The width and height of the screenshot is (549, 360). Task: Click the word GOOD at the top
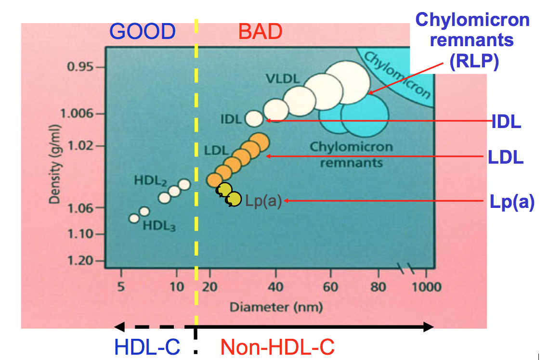(x=142, y=32)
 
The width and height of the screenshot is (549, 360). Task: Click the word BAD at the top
(x=260, y=32)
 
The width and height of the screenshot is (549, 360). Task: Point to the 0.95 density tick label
(x=79, y=67)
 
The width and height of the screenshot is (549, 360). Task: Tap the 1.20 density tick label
(x=78, y=260)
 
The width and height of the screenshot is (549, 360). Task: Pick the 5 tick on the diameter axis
(x=121, y=287)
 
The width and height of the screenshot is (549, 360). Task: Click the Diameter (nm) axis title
(x=276, y=307)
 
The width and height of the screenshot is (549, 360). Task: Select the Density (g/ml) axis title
(x=57, y=164)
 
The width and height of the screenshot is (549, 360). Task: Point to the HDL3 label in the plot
(x=159, y=225)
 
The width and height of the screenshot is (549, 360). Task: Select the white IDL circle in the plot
(x=254, y=117)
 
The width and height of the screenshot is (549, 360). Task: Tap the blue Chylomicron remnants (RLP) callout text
(x=472, y=40)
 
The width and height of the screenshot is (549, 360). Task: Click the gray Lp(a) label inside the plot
(x=263, y=201)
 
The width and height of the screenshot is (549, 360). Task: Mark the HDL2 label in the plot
(x=150, y=181)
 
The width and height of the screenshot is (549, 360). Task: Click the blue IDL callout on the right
(x=506, y=122)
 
